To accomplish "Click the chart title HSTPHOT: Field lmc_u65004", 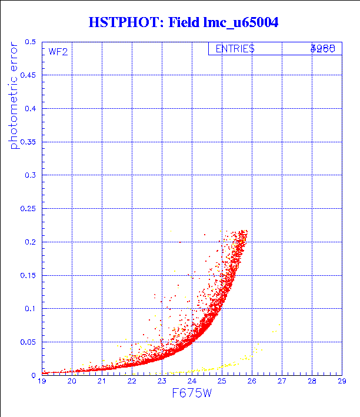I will [183, 22].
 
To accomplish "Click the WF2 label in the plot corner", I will [58, 52].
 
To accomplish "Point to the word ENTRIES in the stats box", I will [235, 49].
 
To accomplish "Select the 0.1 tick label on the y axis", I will [31, 308].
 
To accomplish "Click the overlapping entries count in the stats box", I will [323, 49].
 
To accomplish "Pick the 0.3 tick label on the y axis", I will [31, 175].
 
